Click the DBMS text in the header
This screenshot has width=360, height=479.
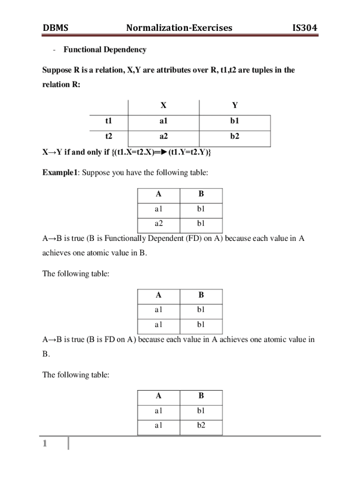[56, 28]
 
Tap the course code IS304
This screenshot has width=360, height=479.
[304, 28]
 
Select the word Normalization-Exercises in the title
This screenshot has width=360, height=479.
[179, 28]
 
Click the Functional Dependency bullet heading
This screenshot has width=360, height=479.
[105, 50]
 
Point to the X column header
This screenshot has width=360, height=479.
[163, 106]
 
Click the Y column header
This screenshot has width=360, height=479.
[235, 106]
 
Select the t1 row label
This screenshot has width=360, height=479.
[108, 121]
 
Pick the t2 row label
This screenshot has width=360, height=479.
[108, 137]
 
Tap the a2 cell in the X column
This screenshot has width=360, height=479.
[163, 137]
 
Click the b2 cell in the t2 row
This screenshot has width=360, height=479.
[235, 137]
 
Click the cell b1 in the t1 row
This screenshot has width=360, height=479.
[235, 121]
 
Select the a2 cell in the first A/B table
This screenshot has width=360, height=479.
[158, 223]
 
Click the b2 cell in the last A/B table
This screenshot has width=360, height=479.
[201, 426]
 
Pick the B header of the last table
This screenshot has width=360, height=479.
[201, 396]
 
